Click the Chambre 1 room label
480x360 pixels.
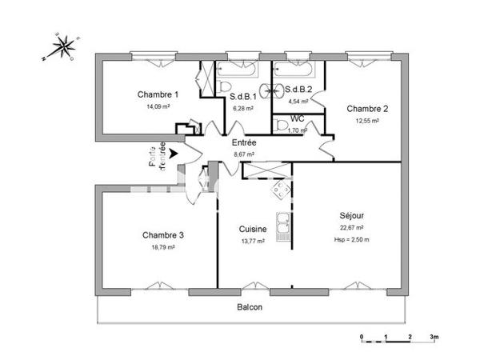[x=158, y=94]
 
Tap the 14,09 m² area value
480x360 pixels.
[x=158, y=106]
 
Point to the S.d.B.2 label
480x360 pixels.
[x=298, y=90]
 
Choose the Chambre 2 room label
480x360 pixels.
[x=367, y=109]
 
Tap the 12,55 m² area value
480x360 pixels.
[x=367, y=121]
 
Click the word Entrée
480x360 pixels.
[x=244, y=142]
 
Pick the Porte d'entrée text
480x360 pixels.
[x=157, y=155]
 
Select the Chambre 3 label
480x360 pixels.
[x=163, y=235]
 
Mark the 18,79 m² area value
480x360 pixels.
[x=163, y=247]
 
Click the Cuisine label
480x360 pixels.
[x=252, y=229]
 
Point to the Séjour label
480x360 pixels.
[x=352, y=215]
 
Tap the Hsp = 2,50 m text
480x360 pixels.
[x=352, y=238]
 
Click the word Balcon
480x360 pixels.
[x=249, y=306]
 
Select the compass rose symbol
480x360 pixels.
[x=61, y=46]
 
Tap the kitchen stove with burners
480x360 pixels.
[x=281, y=190]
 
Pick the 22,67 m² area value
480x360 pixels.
[x=352, y=227]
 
